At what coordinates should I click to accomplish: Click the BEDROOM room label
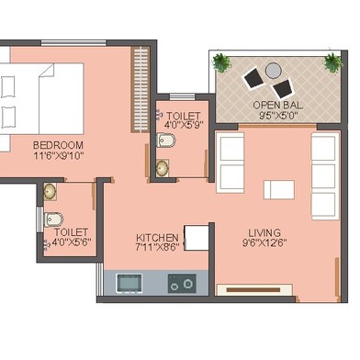59,145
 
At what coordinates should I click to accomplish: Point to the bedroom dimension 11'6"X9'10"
59,157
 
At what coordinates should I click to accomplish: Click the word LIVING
264,232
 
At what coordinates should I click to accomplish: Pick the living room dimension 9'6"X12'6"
264,244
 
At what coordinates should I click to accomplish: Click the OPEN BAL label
277,106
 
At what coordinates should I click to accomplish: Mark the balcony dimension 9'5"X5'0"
277,117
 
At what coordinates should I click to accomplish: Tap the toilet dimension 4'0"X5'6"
71,243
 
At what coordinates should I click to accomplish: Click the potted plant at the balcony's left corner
221,62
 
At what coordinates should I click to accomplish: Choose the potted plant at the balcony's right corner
332,62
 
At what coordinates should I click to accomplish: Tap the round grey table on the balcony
273,70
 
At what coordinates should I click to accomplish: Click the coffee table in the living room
279,189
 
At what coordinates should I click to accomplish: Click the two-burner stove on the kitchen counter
182,284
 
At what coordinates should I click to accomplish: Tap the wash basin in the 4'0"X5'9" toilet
163,169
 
